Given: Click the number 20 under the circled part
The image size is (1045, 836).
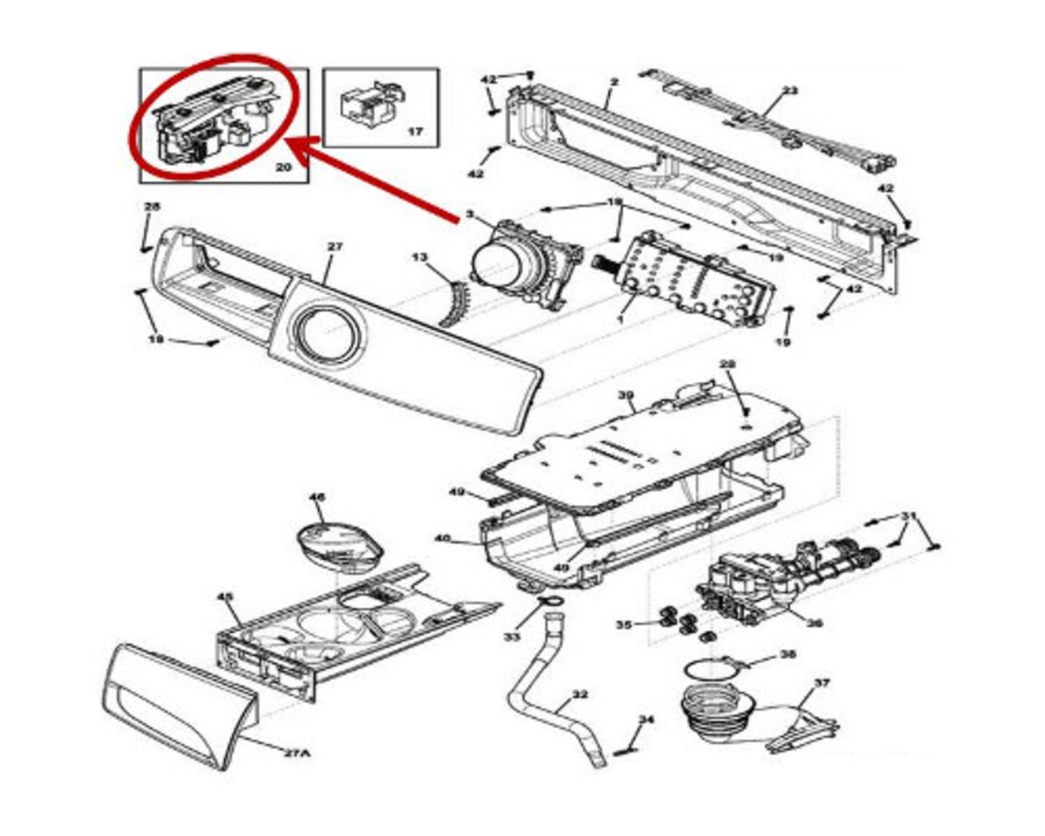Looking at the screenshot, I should [283, 167].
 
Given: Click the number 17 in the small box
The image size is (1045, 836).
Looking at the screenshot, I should [415, 132].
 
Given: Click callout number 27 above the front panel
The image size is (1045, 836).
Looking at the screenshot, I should [334, 247].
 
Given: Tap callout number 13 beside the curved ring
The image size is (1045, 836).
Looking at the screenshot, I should [421, 257].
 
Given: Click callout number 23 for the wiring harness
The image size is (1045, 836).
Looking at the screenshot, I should [790, 91].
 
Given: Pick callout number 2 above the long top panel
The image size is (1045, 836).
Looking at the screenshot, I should [614, 82].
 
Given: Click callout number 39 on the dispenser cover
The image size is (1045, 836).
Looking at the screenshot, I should [626, 396].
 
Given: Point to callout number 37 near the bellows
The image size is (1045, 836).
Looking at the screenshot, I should [822, 683].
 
